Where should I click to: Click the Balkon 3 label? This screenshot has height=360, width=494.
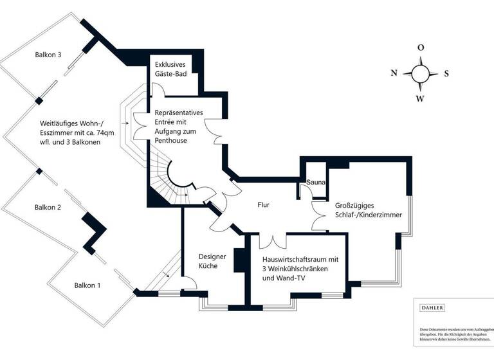pos(48,55)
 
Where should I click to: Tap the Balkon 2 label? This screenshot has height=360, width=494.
pos(48,208)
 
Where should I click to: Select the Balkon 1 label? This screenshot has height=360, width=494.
pos(87,284)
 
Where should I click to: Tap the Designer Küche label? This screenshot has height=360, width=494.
pos(212,260)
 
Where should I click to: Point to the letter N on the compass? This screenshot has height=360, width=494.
pos(394,73)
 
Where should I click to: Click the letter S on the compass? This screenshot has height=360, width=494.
pos(446,73)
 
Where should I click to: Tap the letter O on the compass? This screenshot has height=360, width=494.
pos(420,48)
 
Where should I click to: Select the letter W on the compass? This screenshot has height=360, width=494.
pos(420,98)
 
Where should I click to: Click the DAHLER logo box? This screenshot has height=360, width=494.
pos(432,308)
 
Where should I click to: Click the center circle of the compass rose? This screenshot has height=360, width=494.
pos(420,73)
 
